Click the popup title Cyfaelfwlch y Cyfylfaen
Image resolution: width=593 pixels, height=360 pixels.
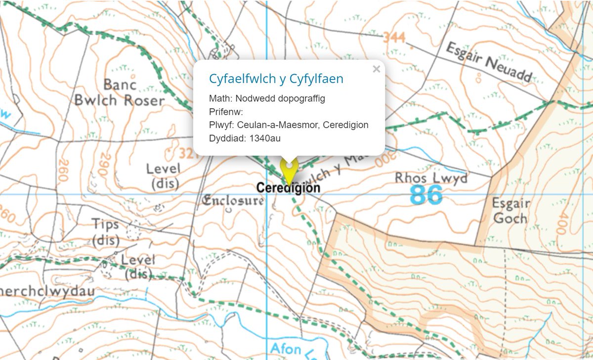276,79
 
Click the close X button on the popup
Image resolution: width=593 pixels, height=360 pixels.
376,69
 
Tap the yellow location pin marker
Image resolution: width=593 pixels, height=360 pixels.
288,171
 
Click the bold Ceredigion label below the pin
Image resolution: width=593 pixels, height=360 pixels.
288,188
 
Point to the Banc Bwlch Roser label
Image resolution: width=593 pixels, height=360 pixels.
119,92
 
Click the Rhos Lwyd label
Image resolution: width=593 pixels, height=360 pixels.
431,178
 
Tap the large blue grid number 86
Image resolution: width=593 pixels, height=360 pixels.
426,196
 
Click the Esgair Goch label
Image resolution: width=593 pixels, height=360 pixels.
510,211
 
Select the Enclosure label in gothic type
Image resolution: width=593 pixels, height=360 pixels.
233,201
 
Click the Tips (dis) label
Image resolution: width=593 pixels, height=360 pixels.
105,232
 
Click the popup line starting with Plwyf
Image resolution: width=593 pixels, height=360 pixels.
289,125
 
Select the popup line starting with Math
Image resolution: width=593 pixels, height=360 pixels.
267,98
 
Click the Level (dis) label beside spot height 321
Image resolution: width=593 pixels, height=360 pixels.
164,176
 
